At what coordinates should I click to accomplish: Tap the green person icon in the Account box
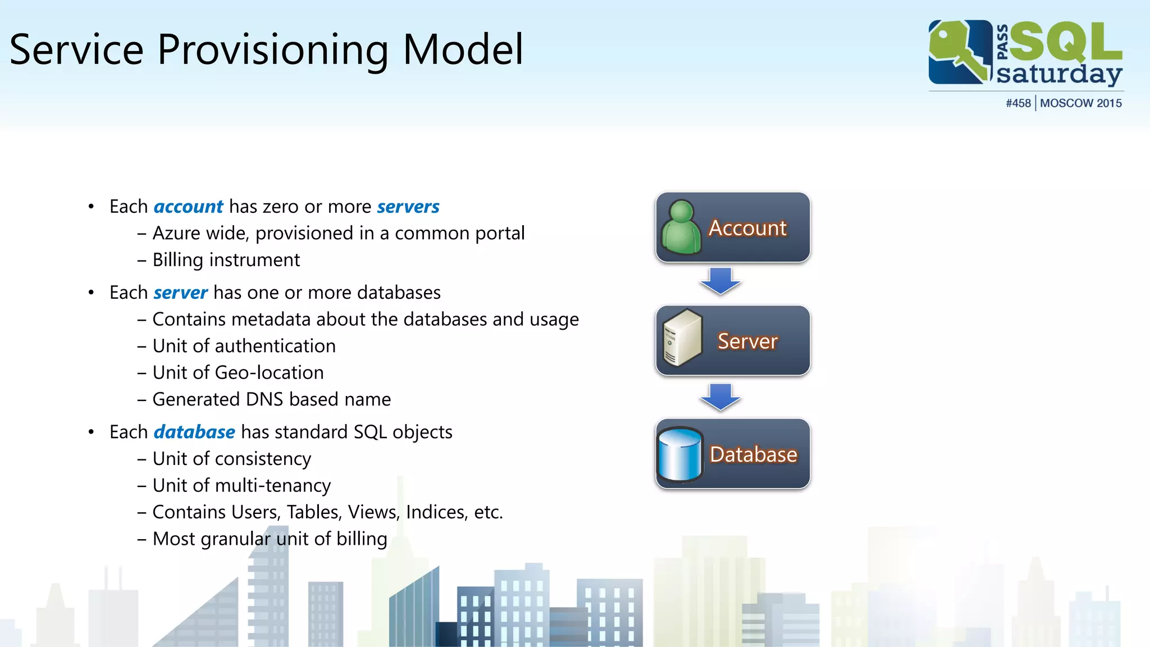[x=681, y=227]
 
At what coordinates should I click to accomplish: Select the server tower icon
[x=682, y=338]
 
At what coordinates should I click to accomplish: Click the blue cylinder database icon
[x=680, y=454]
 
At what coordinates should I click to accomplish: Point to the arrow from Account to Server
[x=720, y=281]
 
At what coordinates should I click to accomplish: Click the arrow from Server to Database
[x=720, y=397]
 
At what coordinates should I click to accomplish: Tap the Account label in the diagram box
[x=747, y=228]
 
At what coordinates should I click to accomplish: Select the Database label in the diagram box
[x=753, y=454]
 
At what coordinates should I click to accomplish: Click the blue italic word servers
[x=408, y=207]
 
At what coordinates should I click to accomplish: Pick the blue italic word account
[x=188, y=207]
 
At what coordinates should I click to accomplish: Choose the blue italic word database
[x=194, y=432]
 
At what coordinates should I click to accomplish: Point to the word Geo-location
[x=269, y=372]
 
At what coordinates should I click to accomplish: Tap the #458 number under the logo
[x=1018, y=103]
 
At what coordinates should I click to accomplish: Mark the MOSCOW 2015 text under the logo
[x=1080, y=103]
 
